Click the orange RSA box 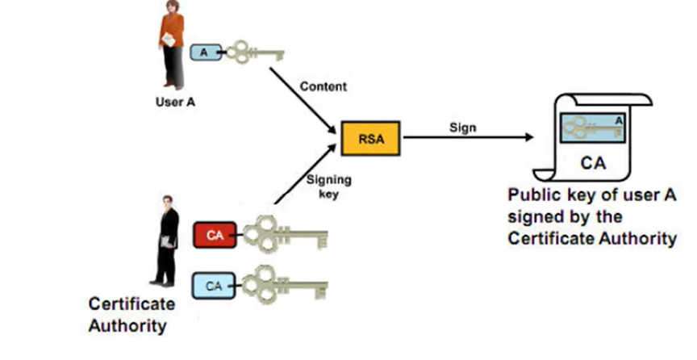click(x=370, y=138)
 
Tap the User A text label click(x=175, y=103)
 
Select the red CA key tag click(x=214, y=236)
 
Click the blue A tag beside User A click(x=203, y=52)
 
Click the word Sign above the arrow click(x=462, y=128)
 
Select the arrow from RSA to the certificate click(x=468, y=138)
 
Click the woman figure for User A click(x=171, y=44)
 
